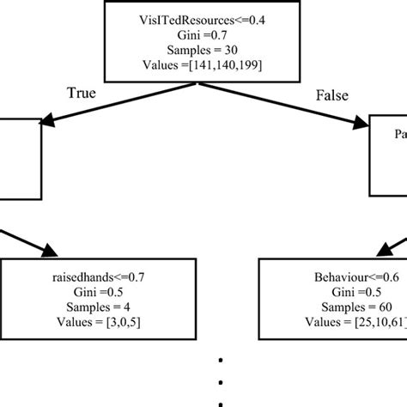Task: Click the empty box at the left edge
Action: click(19, 160)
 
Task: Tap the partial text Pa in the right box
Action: click(399, 135)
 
